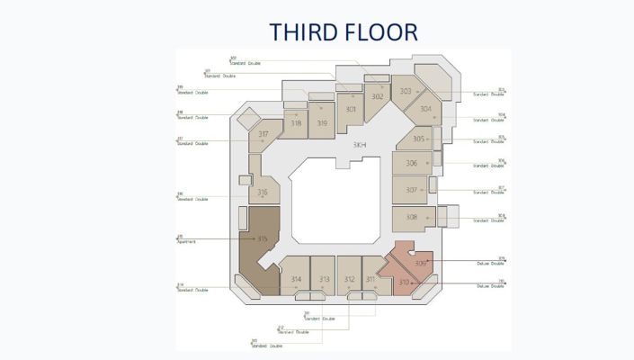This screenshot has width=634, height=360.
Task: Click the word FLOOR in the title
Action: (x=384, y=32)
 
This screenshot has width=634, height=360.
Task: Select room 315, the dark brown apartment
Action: (x=263, y=238)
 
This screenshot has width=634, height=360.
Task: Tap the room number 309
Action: (x=421, y=263)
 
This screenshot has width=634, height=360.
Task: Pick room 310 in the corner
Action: (x=404, y=283)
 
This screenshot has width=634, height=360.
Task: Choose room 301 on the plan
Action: (x=351, y=110)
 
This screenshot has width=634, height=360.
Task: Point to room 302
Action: (x=377, y=96)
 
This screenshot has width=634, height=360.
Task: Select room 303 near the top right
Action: (x=406, y=91)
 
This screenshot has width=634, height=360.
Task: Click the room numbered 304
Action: (x=425, y=109)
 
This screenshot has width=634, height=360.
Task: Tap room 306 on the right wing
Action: (x=411, y=163)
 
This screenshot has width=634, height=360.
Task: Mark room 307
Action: (x=411, y=190)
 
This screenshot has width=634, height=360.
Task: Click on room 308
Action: (x=411, y=217)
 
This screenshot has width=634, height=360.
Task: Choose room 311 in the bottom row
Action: (x=371, y=279)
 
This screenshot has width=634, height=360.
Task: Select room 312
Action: (x=349, y=279)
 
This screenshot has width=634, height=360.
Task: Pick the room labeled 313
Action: (x=324, y=279)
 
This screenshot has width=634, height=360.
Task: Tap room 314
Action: (x=296, y=279)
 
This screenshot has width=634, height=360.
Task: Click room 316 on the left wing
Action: (x=263, y=192)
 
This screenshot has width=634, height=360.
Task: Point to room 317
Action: (x=263, y=134)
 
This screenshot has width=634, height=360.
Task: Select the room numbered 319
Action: (x=322, y=122)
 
